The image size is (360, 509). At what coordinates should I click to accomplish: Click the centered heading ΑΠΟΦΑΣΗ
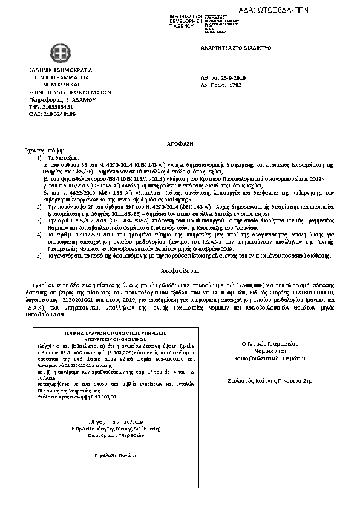pyautogui.click(x=179, y=147)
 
